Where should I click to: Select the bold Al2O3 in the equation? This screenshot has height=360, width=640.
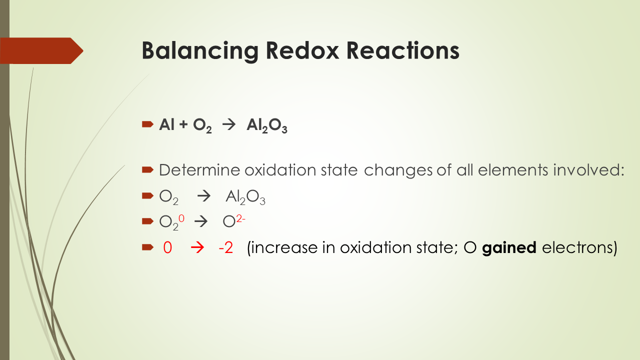click(266, 126)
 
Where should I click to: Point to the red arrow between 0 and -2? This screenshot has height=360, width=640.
click(197, 248)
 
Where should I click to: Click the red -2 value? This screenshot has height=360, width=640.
click(225, 248)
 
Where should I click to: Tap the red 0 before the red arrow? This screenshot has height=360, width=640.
click(167, 248)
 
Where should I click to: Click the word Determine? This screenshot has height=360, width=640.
click(199, 170)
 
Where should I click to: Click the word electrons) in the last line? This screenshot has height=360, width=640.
click(579, 248)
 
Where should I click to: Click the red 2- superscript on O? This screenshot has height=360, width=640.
click(240, 217)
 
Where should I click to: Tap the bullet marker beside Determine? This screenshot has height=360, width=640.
click(147, 170)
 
